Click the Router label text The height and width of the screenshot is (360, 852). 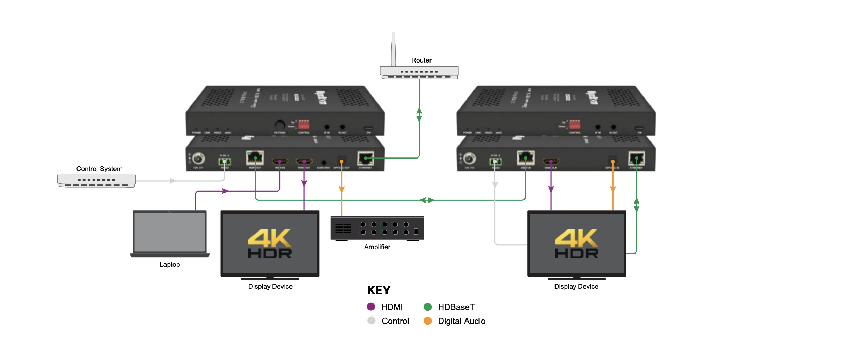tap(421, 60)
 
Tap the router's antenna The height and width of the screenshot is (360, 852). tap(394, 49)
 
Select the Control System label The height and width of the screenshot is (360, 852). tap(99, 169)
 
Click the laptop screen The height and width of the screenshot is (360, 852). tap(170, 232)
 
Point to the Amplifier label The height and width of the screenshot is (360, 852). tap(377, 247)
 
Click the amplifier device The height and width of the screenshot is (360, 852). tap(377, 228)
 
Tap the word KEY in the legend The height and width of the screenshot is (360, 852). tap(379, 290)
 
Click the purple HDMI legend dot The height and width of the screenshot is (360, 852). tap(371, 307)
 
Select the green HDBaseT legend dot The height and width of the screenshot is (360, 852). tap(427, 307)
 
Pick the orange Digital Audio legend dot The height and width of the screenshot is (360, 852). tap(427, 321)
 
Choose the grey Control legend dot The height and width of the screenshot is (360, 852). tap(371, 321)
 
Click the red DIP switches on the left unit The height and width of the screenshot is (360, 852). tap(303, 124)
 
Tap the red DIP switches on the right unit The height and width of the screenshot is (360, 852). tap(574, 124)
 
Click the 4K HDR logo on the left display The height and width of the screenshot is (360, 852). tap(270, 243)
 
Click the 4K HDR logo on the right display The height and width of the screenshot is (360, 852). tap(576, 243)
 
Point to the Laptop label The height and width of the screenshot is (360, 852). tap(170, 264)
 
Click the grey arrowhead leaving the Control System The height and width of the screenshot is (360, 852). tap(172, 181)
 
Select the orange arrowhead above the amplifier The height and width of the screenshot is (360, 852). tap(341, 189)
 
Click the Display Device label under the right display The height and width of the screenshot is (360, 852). tap(576, 286)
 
